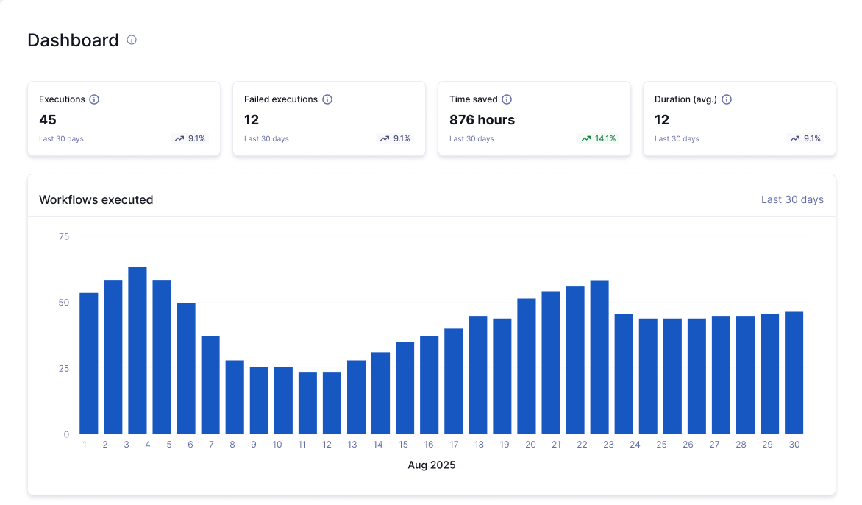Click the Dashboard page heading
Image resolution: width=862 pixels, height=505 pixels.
click(73, 40)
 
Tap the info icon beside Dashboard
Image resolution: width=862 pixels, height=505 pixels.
click(132, 40)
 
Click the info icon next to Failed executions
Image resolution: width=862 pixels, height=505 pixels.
click(327, 99)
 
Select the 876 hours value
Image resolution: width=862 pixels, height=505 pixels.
click(482, 120)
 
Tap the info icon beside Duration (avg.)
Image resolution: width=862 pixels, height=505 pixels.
click(727, 99)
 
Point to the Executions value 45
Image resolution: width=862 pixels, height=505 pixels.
click(48, 120)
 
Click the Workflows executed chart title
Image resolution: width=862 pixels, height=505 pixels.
click(96, 199)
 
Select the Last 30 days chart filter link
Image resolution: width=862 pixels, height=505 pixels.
click(792, 199)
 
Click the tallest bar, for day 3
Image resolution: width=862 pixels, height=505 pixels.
click(138, 350)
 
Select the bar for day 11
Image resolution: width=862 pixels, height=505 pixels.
click(307, 403)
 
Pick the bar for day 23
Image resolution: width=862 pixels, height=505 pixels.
click(599, 358)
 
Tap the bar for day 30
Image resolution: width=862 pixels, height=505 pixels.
click(794, 373)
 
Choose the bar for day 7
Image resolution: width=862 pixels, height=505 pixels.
click(210, 385)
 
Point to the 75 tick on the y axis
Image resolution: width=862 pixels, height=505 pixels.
click(64, 236)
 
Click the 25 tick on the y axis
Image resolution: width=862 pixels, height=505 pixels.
click(64, 368)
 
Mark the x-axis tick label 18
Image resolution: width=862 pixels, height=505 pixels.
click(479, 445)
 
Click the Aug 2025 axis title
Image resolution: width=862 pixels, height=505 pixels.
click(432, 465)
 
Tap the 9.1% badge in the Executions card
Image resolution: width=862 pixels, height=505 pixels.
click(190, 138)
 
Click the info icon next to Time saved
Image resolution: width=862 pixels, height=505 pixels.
click(507, 99)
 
